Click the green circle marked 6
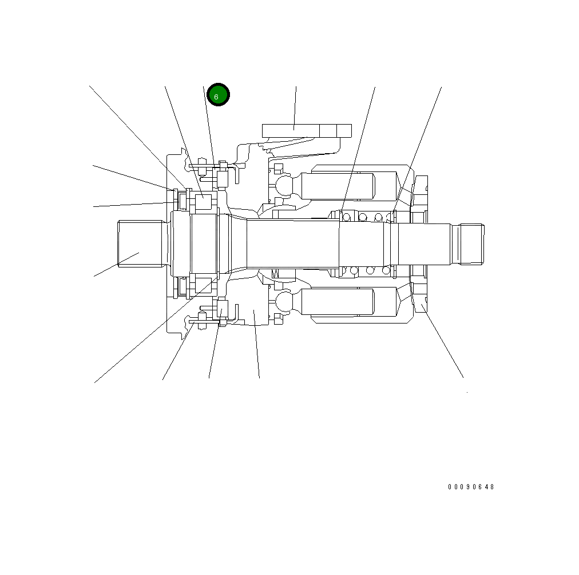[x=218, y=95]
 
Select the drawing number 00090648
[x=470, y=487]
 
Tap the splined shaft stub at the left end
[x=137, y=244]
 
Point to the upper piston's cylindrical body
[x=338, y=186]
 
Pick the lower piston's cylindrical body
[x=338, y=302]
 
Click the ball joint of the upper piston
[x=284, y=185]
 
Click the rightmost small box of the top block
[x=344, y=130]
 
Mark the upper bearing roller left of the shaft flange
[x=204, y=203]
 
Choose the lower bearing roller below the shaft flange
[x=204, y=284]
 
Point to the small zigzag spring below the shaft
[x=276, y=274]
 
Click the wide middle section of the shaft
[x=292, y=244]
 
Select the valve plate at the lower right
[x=420, y=300]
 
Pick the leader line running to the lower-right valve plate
[x=443, y=343]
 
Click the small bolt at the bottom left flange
[x=202, y=318]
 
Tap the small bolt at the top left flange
[x=202, y=162]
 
